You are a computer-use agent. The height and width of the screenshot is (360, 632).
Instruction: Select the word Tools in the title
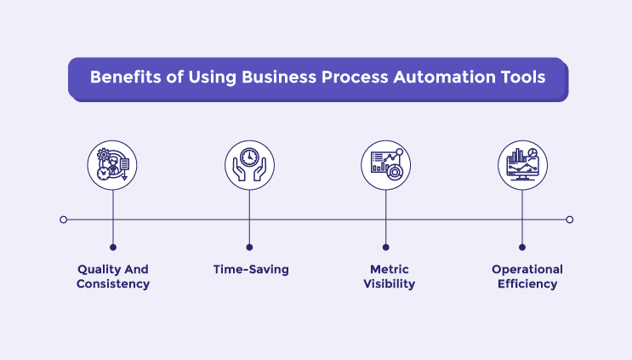520,77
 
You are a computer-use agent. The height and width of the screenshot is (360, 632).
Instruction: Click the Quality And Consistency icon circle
113,164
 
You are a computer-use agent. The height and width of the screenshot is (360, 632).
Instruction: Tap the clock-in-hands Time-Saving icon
249,164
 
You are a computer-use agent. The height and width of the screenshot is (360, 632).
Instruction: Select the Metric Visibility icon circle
385,164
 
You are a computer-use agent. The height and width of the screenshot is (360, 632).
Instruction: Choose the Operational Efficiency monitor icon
522,164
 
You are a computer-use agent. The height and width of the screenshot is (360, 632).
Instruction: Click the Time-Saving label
251,270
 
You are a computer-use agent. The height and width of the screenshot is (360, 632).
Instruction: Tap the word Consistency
113,284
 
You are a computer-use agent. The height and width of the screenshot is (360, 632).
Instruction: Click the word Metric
387,270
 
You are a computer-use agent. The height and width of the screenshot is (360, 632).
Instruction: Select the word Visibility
387,284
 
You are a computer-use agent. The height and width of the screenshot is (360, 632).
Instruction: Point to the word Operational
527,270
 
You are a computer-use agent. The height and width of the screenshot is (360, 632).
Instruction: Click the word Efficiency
527,284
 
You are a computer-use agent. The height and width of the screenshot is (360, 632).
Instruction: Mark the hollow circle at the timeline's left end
64,220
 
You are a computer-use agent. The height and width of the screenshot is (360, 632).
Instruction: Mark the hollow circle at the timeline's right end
570,220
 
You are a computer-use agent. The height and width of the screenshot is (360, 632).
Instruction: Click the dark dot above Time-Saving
249,248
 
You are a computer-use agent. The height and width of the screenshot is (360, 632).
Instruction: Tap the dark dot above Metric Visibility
385,248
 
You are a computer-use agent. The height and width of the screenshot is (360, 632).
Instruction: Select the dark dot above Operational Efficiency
522,248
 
